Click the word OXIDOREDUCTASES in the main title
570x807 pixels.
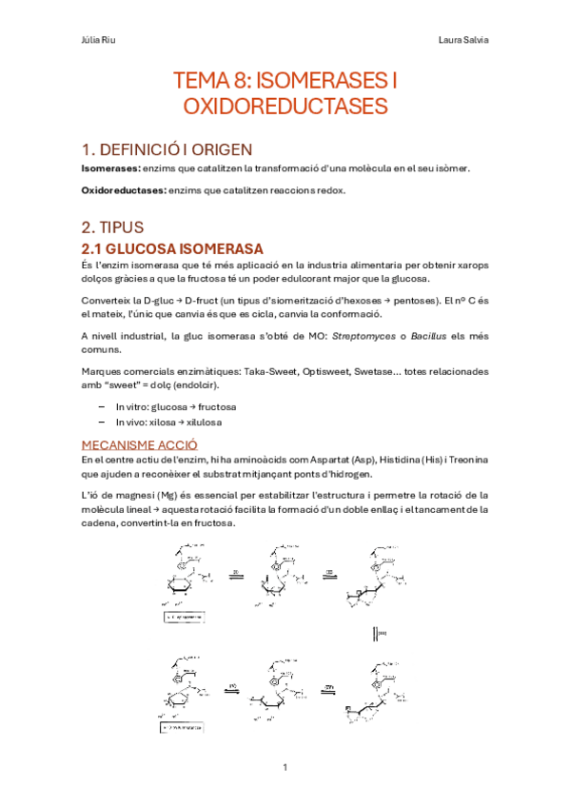pos(285,105)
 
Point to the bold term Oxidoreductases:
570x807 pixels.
pos(124,191)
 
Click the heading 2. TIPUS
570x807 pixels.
pos(111,227)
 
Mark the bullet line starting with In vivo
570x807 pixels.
pos(169,421)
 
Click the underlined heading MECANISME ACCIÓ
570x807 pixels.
pos(139,443)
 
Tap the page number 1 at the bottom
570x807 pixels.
pos(285,767)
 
